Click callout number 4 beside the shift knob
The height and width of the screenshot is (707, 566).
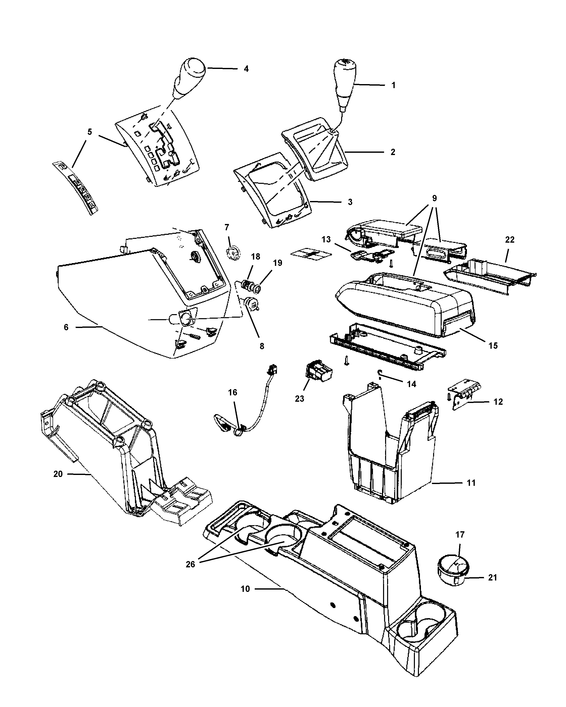(246, 69)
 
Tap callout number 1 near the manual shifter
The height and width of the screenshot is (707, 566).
(393, 85)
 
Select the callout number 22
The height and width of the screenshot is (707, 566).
(510, 240)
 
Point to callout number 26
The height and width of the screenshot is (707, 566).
(190, 564)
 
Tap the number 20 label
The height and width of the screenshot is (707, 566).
(58, 474)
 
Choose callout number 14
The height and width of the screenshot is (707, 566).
(411, 384)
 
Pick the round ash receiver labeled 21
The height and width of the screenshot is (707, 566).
(454, 569)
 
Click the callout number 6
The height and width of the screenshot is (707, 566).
(66, 327)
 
